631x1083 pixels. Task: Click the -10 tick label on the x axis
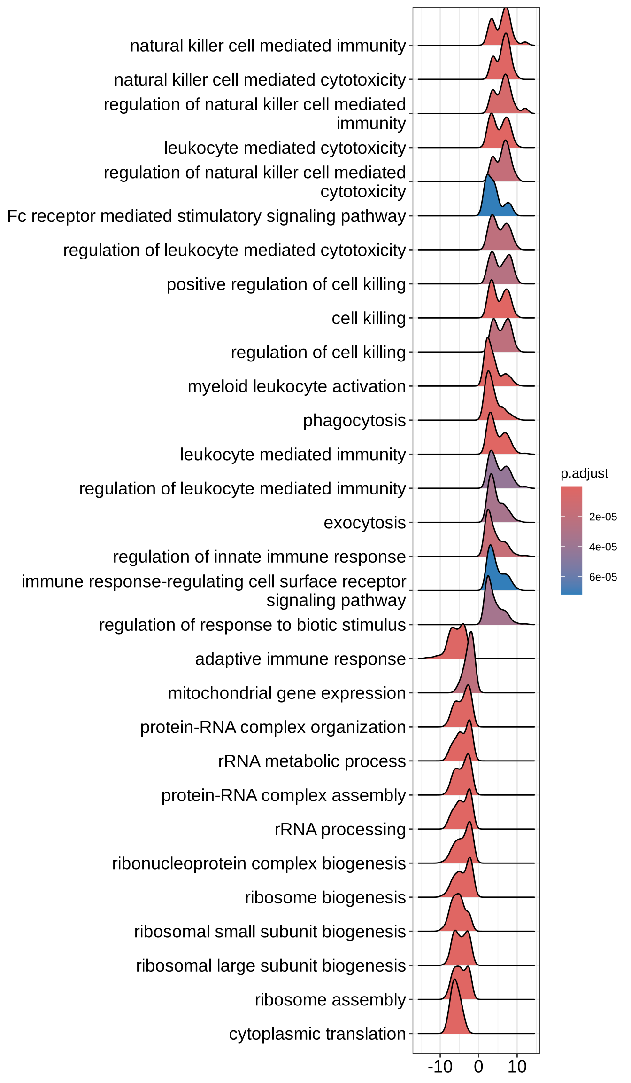coord(440,1067)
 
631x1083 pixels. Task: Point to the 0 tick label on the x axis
coord(478,1067)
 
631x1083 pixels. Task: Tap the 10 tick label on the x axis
coord(517,1067)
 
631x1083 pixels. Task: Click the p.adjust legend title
coord(584,473)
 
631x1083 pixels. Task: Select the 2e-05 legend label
coord(603,517)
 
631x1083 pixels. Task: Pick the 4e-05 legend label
coord(603,547)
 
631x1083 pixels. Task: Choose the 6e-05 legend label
coord(603,577)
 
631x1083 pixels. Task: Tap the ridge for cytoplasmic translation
coord(455,1015)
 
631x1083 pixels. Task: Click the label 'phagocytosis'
coord(354,420)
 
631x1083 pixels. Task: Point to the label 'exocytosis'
coord(364,522)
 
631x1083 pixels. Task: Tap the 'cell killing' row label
coord(369,318)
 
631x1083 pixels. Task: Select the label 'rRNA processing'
coord(340,829)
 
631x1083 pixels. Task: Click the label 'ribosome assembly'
coord(330,999)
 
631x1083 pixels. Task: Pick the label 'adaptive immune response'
coord(300,659)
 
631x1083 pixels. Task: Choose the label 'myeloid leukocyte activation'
coord(296,386)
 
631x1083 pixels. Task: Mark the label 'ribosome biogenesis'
coord(325,897)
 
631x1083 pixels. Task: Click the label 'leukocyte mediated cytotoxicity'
coord(285,148)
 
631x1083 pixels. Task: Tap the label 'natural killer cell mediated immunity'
coord(268,46)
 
